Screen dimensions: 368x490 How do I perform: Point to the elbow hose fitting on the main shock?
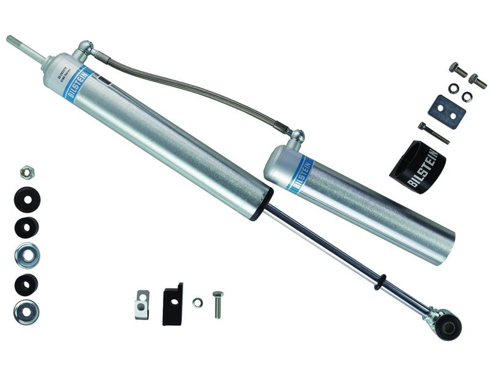point(86,47)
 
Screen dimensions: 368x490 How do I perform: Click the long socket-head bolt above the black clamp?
point(434,133)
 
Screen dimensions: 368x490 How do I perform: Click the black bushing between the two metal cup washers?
point(26,284)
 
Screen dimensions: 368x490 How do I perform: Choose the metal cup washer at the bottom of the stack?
point(26,312)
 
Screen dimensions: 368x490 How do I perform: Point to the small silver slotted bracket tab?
point(142,304)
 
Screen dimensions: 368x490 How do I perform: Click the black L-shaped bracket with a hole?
point(173,303)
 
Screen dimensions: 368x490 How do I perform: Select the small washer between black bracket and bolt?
point(197,302)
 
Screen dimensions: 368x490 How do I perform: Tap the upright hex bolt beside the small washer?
point(217,304)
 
